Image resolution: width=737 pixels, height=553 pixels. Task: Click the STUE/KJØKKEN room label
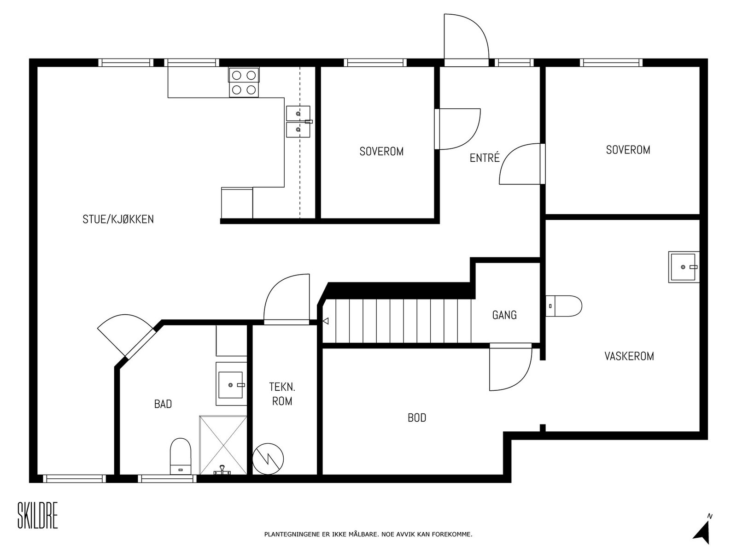coord(118,219)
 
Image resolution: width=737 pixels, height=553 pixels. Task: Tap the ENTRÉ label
coord(485,158)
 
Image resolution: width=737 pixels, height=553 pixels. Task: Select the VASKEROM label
coord(629,356)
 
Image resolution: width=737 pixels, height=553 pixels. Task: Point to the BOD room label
coord(417,418)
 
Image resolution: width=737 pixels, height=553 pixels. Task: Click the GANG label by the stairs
coord(504,315)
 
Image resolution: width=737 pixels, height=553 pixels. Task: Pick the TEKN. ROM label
coord(282,394)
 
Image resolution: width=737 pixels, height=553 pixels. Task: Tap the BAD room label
coord(163,404)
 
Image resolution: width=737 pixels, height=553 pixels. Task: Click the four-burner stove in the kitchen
coord(244,82)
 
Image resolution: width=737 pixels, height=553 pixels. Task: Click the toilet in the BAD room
coord(180,456)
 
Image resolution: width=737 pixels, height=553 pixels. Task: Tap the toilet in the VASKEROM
coord(563,306)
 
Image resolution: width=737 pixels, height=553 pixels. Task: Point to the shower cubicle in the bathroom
coord(223,445)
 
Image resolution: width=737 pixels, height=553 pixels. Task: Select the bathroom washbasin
coord(231,384)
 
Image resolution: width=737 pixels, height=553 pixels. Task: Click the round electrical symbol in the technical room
coord(268,459)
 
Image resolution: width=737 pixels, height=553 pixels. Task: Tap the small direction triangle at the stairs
coord(325,321)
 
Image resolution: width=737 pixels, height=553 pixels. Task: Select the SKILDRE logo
coord(38,515)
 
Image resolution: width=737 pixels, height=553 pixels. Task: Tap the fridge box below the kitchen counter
coord(237,203)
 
